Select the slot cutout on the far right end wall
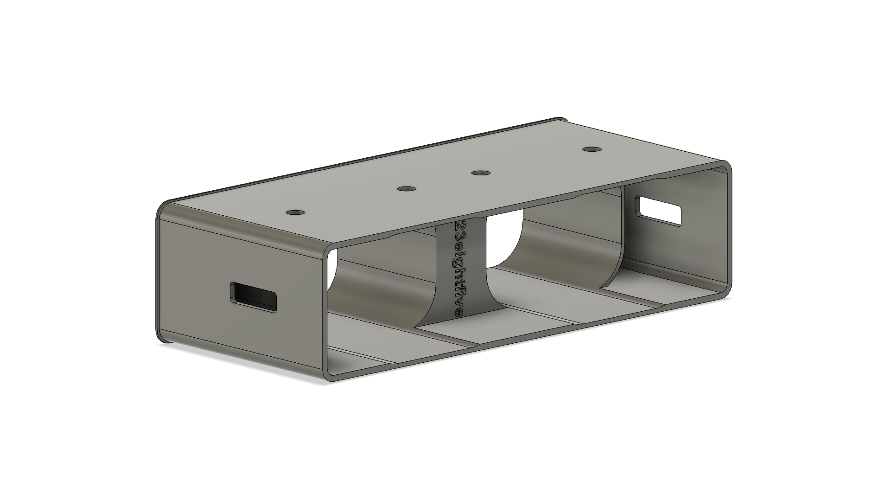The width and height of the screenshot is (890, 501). [x=657, y=210]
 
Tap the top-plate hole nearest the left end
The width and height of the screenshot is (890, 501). [x=295, y=212]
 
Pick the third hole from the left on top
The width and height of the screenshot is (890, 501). [x=481, y=173]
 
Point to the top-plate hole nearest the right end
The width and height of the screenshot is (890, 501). [x=591, y=149]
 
